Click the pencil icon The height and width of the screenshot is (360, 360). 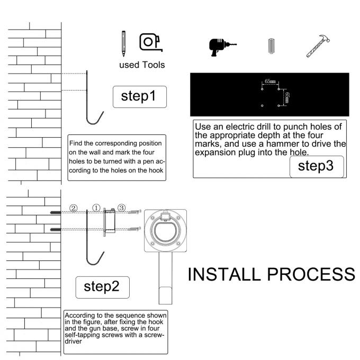123,43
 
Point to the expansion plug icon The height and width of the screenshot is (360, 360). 272,46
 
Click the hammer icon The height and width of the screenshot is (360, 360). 318,46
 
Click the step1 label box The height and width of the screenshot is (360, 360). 140,97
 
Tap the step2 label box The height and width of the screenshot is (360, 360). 102,287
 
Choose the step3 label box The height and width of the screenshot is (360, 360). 317,167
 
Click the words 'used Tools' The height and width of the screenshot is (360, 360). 142,65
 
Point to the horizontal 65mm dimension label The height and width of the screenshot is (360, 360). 270,82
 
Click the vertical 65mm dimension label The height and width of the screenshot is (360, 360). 287,97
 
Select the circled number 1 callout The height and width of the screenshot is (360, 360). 96,208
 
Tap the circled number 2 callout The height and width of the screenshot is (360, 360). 73,208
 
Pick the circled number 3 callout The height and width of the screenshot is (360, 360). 121,208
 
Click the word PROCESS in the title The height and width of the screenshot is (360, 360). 311,274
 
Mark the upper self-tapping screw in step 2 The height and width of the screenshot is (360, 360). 134,211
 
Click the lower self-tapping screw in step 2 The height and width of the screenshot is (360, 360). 134,229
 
